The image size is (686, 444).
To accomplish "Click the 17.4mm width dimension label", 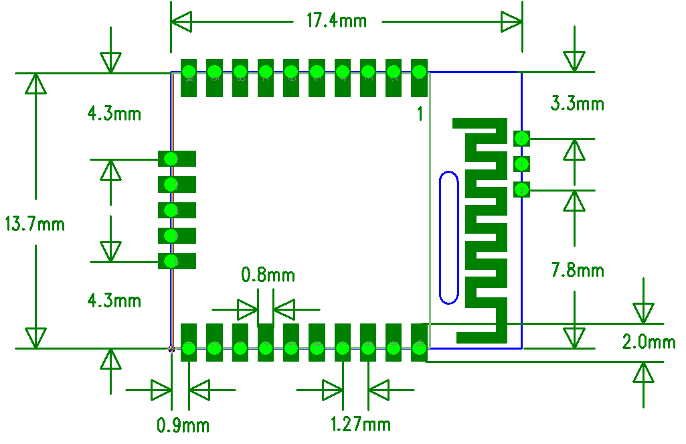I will (337, 21).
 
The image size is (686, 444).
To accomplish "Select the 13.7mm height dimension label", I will (34, 224).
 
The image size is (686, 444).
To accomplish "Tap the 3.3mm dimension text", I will (577, 104).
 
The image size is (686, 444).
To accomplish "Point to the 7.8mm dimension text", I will (577, 271).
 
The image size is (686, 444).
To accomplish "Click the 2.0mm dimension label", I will (649, 342).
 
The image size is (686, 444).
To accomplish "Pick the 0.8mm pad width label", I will (268, 275).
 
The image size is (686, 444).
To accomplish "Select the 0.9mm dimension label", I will (183, 425).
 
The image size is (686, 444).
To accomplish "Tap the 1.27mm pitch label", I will (361, 424).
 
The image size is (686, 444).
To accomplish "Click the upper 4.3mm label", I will (114, 114).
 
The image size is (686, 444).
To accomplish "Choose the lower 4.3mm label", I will (114, 301).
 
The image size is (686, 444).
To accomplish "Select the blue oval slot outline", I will (448, 236).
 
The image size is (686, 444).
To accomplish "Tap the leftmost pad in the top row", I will (189, 78).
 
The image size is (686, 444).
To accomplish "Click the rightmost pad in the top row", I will (419, 78).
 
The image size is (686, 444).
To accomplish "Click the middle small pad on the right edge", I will (521, 164).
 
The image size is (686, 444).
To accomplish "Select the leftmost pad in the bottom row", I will (189, 342).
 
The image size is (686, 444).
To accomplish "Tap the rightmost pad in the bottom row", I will (419, 342).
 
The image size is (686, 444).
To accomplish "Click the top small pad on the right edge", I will (521, 139).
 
